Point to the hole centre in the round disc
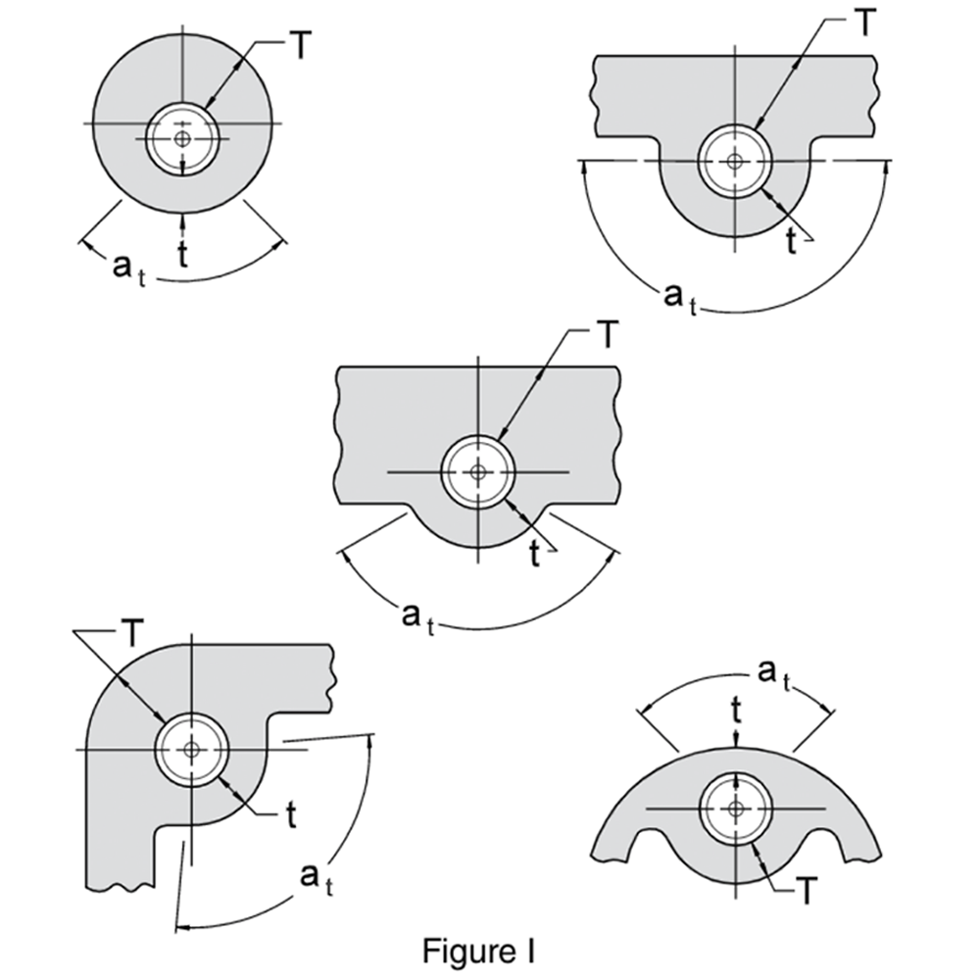(182, 139)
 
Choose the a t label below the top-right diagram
(680, 297)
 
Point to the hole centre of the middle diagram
(477, 472)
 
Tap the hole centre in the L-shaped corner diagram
(191, 750)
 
